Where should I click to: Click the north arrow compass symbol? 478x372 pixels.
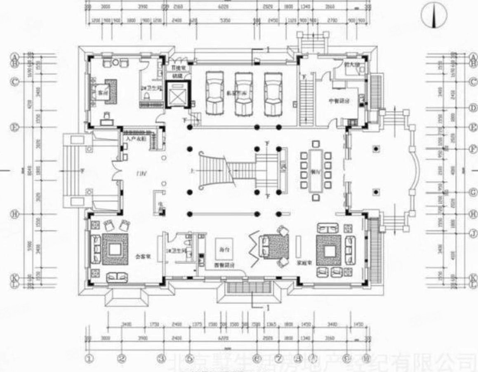point(433,16)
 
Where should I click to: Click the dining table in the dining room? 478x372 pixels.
point(316,169)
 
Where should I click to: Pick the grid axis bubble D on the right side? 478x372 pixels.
point(473,108)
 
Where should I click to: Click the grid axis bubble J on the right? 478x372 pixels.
point(473,233)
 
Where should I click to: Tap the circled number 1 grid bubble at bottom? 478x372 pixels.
point(88,358)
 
